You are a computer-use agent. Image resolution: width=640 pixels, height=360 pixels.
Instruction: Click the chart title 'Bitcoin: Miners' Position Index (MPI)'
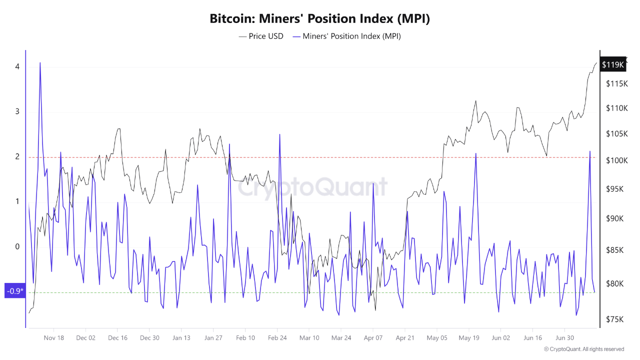[320, 19]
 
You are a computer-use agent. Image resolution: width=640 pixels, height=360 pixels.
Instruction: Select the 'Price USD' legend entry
[261, 36]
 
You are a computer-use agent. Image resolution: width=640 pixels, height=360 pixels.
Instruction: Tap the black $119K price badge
[612, 64]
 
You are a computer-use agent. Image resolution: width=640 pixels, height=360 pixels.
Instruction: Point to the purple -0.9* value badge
[15, 291]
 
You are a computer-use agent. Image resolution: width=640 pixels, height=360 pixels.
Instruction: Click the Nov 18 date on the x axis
[54, 337]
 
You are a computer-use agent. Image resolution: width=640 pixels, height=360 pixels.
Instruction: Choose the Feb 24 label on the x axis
[277, 337]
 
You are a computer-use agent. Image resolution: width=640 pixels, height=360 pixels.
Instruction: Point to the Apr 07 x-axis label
[373, 337]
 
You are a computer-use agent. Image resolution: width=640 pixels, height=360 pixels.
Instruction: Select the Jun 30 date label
[564, 337]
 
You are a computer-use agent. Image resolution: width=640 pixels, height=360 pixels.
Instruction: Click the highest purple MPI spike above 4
[40, 63]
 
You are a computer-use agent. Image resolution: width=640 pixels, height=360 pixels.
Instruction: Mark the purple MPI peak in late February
[279, 134]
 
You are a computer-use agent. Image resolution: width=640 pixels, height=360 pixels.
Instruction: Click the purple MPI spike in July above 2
[590, 151]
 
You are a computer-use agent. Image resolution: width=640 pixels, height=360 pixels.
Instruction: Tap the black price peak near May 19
[475, 101]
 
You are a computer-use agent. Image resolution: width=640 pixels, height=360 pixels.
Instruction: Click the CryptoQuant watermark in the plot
[312, 187]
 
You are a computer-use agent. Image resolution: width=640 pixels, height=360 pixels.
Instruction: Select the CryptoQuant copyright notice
[584, 349]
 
